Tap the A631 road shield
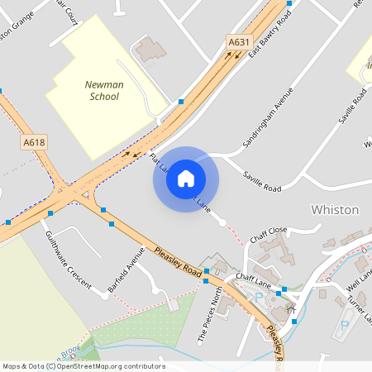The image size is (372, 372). (x=239, y=41)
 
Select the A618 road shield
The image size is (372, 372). (x=34, y=142)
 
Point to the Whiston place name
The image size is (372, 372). (x=335, y=210)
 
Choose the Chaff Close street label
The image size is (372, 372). (x=269, y=231)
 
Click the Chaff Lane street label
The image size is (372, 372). (x=253, y=278)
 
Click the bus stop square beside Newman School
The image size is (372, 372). (x=181, y=102)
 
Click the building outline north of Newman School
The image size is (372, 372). (x=150, y=50)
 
